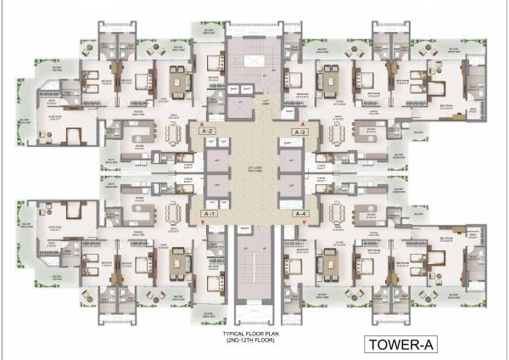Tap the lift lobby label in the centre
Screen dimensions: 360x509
[253, 172]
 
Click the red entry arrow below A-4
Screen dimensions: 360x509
[306, 224]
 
